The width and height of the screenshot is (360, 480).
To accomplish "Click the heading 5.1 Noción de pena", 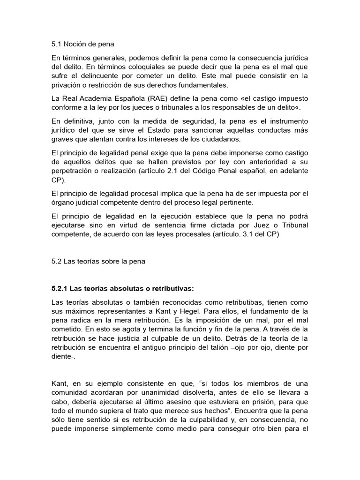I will click(82, 45).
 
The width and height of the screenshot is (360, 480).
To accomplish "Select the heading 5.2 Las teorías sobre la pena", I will click(98, 262).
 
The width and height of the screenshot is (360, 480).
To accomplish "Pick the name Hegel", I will click(216, 311).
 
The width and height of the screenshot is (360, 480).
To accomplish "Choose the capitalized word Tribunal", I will click(292, 225).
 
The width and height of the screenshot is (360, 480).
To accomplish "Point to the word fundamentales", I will click(202, 85).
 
